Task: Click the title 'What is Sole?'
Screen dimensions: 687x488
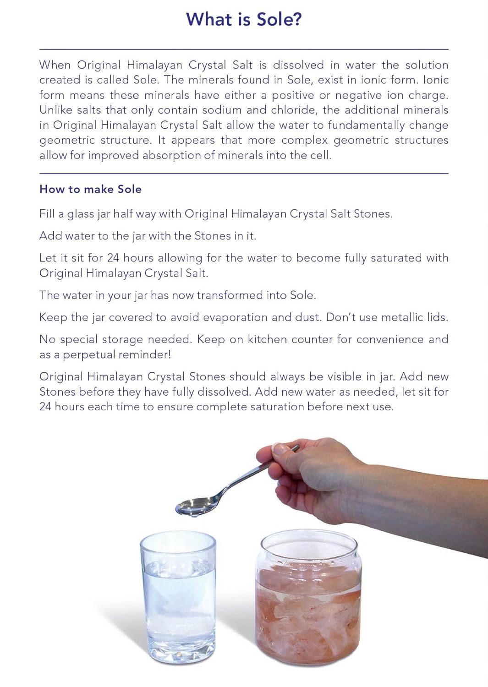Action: [244, 20]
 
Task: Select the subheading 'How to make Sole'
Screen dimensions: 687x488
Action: [90, 189]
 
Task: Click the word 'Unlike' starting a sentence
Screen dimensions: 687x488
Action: [55, 110]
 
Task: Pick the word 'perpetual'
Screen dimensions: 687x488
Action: [96, 354]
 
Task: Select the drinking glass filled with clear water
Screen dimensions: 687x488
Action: [178, 595]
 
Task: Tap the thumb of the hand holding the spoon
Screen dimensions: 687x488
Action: [275, 451]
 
